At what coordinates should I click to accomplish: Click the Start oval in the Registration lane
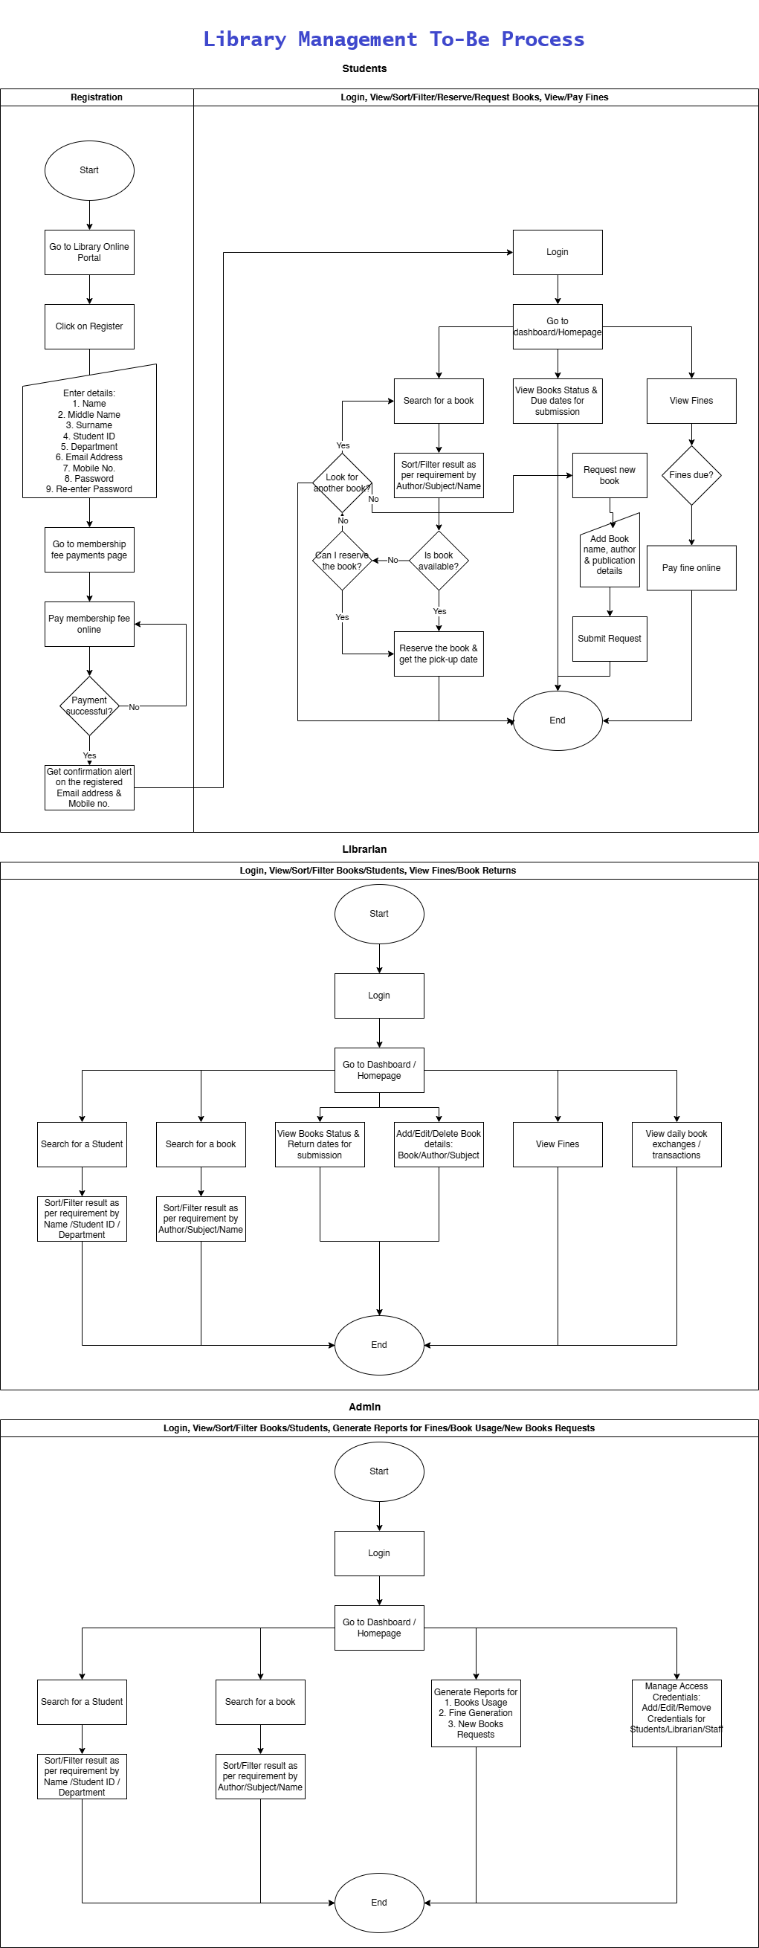(89, 170)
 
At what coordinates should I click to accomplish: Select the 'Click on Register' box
(89, 326)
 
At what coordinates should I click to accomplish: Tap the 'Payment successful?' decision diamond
(89, 706)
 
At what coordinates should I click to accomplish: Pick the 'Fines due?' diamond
(691, 475)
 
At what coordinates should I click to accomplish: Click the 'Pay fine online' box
(691, 568)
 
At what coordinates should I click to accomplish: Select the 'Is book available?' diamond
(439, 561)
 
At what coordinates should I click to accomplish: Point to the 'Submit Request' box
(610, 639)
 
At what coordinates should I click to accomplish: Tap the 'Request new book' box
(610, 475)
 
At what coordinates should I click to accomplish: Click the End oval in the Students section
(558, 720)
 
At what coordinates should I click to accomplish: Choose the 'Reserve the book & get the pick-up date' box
(439, 654)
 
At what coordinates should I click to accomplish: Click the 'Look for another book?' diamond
(342, 483)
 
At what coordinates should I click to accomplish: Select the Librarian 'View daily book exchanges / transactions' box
(676, 1144)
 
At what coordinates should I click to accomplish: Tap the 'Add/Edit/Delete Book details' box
(439, 1144)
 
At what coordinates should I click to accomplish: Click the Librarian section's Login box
(379, 996)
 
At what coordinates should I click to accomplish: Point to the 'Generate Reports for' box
(476, 1713)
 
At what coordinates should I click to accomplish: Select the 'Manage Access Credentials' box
(676, 1713)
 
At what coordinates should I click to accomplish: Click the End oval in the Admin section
(379, 1903)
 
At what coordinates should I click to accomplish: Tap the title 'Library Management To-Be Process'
(394, 39)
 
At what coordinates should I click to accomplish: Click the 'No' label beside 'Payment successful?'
(134, 707)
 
